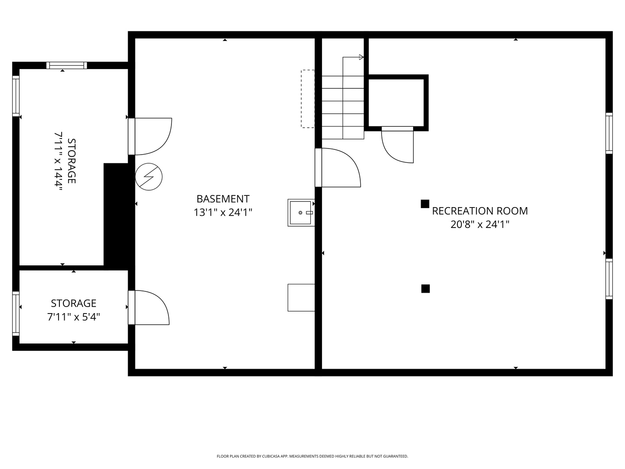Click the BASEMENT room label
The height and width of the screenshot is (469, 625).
pyautogui.click(x=223, y=199)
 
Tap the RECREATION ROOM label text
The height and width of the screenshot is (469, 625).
pyautogui.click(x=480, y=211)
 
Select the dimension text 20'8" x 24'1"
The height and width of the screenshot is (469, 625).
pyautogui.click(x=480, y=225)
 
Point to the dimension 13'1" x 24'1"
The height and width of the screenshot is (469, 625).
pyautogui.click(x=223, y=212)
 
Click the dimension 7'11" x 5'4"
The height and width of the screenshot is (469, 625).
pyautogui.click(x=73, y=317)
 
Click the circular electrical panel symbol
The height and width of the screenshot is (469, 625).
pyautogui.click(x=148, y=177)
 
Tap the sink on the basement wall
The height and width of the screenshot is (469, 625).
pyautogui.click(x=301, y=213)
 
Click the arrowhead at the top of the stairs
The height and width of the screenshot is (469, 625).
pyautogui.click(x=362, y=57)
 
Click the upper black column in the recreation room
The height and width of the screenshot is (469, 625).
pyautogui.click(x=425, y=204)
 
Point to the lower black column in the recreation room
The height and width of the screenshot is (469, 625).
pyautogui.click(x=425, y=289)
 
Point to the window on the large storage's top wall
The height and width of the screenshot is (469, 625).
pyautogui.click(x=67, y=65)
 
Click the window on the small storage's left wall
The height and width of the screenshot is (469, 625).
pyautogui.click(x=16, y=314)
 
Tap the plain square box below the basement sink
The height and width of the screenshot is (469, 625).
pyautogui.click(x=301, y=297)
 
